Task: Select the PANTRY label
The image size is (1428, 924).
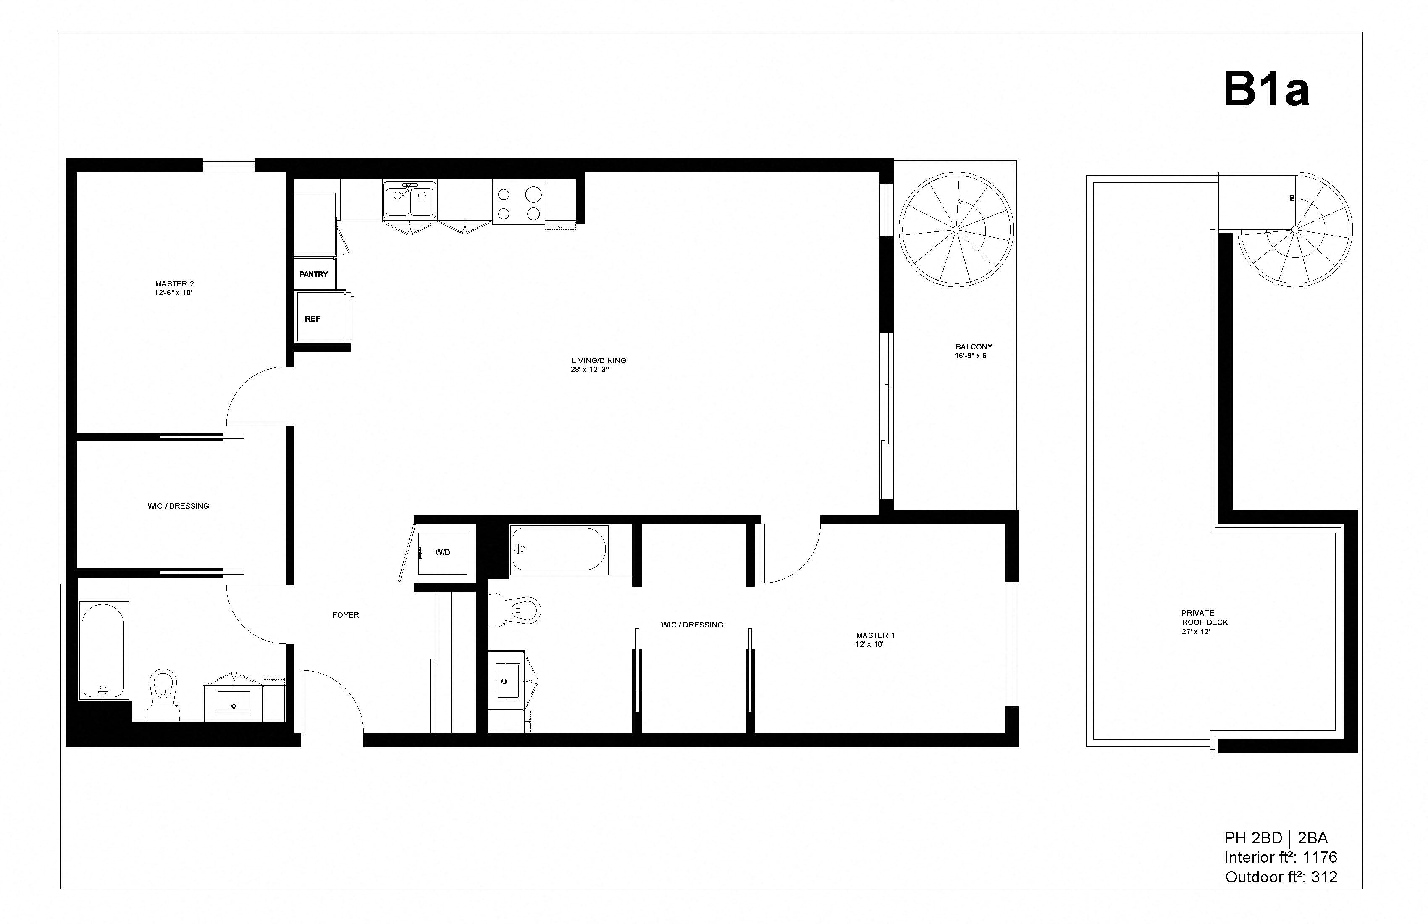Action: point(314,274)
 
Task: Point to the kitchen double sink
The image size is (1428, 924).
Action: point(410,200)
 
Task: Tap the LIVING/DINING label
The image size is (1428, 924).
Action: point(598,361)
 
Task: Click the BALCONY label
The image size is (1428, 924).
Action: point(973,347)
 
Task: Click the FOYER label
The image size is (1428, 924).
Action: point(346,615)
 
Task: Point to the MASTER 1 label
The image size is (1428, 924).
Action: point(875,635)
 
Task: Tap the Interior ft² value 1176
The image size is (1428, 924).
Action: point(1320,857)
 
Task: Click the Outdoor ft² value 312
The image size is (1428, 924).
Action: point(1324,877)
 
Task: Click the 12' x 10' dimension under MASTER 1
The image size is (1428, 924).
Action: point(869,645)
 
